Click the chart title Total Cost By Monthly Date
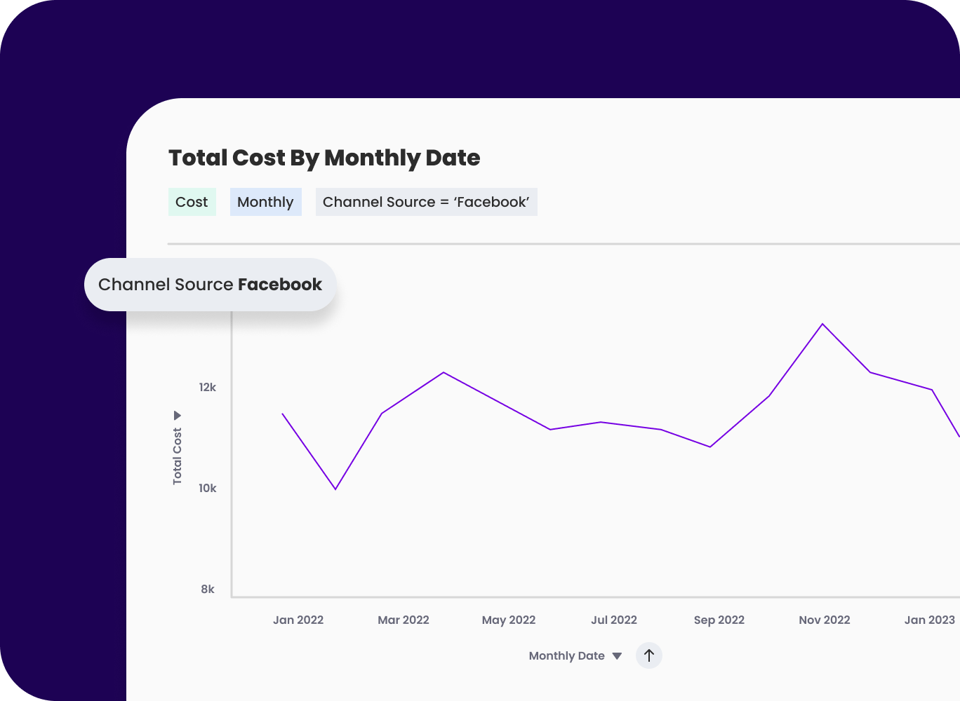324,158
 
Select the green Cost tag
192,202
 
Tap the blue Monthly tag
265,202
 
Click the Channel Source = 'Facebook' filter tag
426,202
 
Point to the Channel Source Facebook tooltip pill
210,285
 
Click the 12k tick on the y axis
207,387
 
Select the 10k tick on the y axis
207,488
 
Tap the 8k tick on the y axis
208,589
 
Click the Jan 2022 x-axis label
298,620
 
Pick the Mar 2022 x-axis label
404,620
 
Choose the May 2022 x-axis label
509,620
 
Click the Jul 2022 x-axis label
614,620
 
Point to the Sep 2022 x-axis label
719,620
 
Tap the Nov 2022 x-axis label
825,620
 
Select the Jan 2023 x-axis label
929,620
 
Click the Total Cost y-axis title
177,455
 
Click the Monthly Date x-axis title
567,655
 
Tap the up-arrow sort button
649,655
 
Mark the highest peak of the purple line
822,324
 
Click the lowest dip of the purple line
335,489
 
